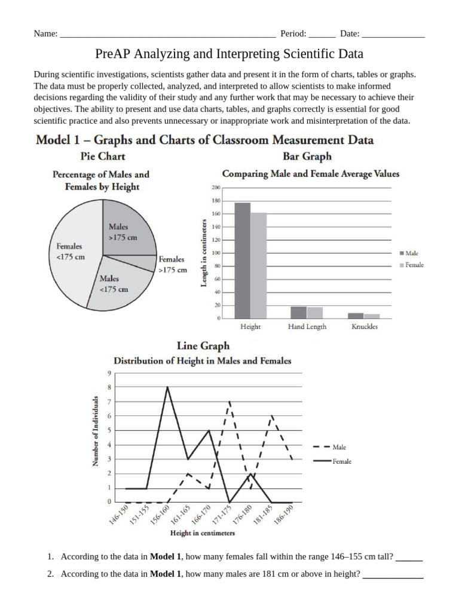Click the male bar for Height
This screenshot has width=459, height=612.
click(242, 260)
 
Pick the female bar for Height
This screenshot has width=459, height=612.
click(258, 265)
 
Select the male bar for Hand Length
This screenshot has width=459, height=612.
click(298, 312)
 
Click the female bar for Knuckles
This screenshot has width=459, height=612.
click(372, 316)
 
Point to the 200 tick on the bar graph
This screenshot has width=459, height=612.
click(216, 188)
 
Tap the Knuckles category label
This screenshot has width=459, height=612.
click(365, 327)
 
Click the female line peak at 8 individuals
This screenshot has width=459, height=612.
click(167, 387)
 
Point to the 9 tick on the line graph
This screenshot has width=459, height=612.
click(109, 373)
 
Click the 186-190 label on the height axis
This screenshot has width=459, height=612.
click(283, 514)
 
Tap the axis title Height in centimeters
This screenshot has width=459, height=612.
click(203, 533)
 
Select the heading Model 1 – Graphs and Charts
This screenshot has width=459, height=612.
click(204, 140)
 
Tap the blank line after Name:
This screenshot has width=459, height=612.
click(167, 34)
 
